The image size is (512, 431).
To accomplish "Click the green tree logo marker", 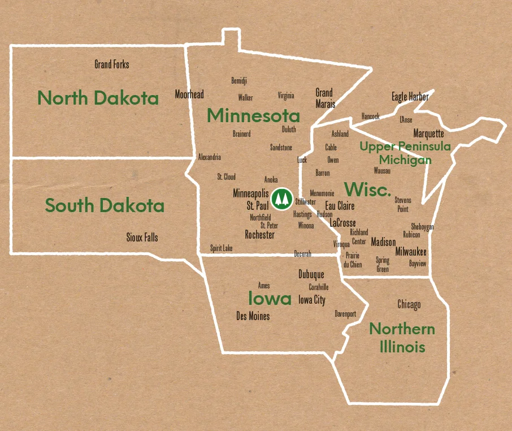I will [281, 199].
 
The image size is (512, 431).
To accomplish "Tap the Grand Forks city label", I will [111, 64].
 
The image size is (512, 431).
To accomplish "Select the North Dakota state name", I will [98, 98].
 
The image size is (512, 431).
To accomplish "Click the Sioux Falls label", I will [142, 238].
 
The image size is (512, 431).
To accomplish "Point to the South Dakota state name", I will [105, 205].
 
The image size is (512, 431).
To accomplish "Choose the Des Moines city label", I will [253, 316].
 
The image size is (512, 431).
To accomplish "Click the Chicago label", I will [409, 304].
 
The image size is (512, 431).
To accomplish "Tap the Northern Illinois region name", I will [402, 338].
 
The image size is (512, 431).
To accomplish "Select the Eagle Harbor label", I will [410, 97].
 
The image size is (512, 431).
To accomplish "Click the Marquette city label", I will [428, 134].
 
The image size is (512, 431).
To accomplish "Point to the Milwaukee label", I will [411, 252].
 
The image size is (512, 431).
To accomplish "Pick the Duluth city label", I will [289, 130].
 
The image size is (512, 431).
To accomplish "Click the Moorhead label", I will [189, 94].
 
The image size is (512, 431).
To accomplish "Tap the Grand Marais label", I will [325, 98].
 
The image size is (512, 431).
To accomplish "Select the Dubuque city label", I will [311, 274].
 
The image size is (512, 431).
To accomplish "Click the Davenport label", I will [345, 313].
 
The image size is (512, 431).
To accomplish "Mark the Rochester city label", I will [259, 235].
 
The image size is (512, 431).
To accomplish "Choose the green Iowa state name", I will [270, 298].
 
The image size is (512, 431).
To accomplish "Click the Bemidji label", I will [239, 81].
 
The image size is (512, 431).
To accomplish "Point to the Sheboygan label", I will [422, 227].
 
